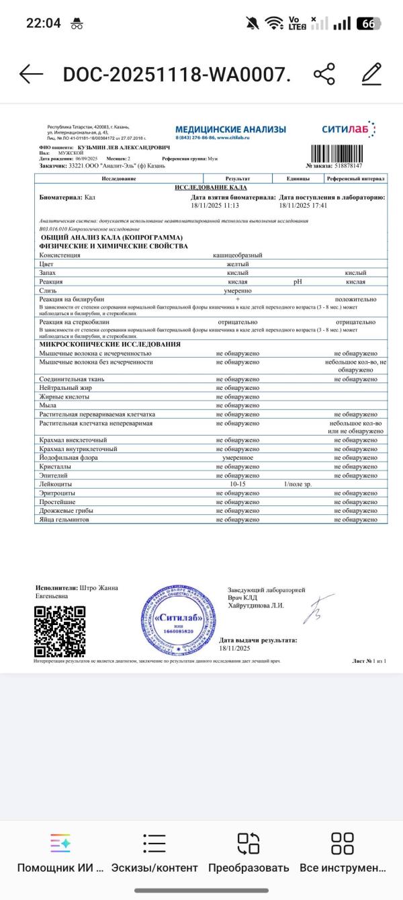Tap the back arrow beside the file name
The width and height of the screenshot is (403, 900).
pyautogui.click(x=31, y=75)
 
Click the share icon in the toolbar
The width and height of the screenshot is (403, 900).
pyautogui.click(x=324, y=74)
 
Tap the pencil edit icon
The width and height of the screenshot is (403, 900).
pyautogui.click(x=371, y=74)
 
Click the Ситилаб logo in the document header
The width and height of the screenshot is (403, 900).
pyautogui.click(x=349, y=129)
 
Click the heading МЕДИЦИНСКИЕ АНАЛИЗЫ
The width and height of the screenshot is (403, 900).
pyautogui.click(x=230, y=129)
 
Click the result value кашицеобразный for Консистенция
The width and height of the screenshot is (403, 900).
pyautogui.click(x=238, y=255)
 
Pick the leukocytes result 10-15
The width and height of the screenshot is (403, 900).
pyautogui.click(x=238, y=484)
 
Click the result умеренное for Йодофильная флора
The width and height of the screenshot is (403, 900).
pyautogui.click(x=238, y=458)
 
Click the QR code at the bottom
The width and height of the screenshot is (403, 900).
pyautogui.click(x=60, y=631)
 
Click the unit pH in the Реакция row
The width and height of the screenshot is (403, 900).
pyautogui.click(x=298, y=282)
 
